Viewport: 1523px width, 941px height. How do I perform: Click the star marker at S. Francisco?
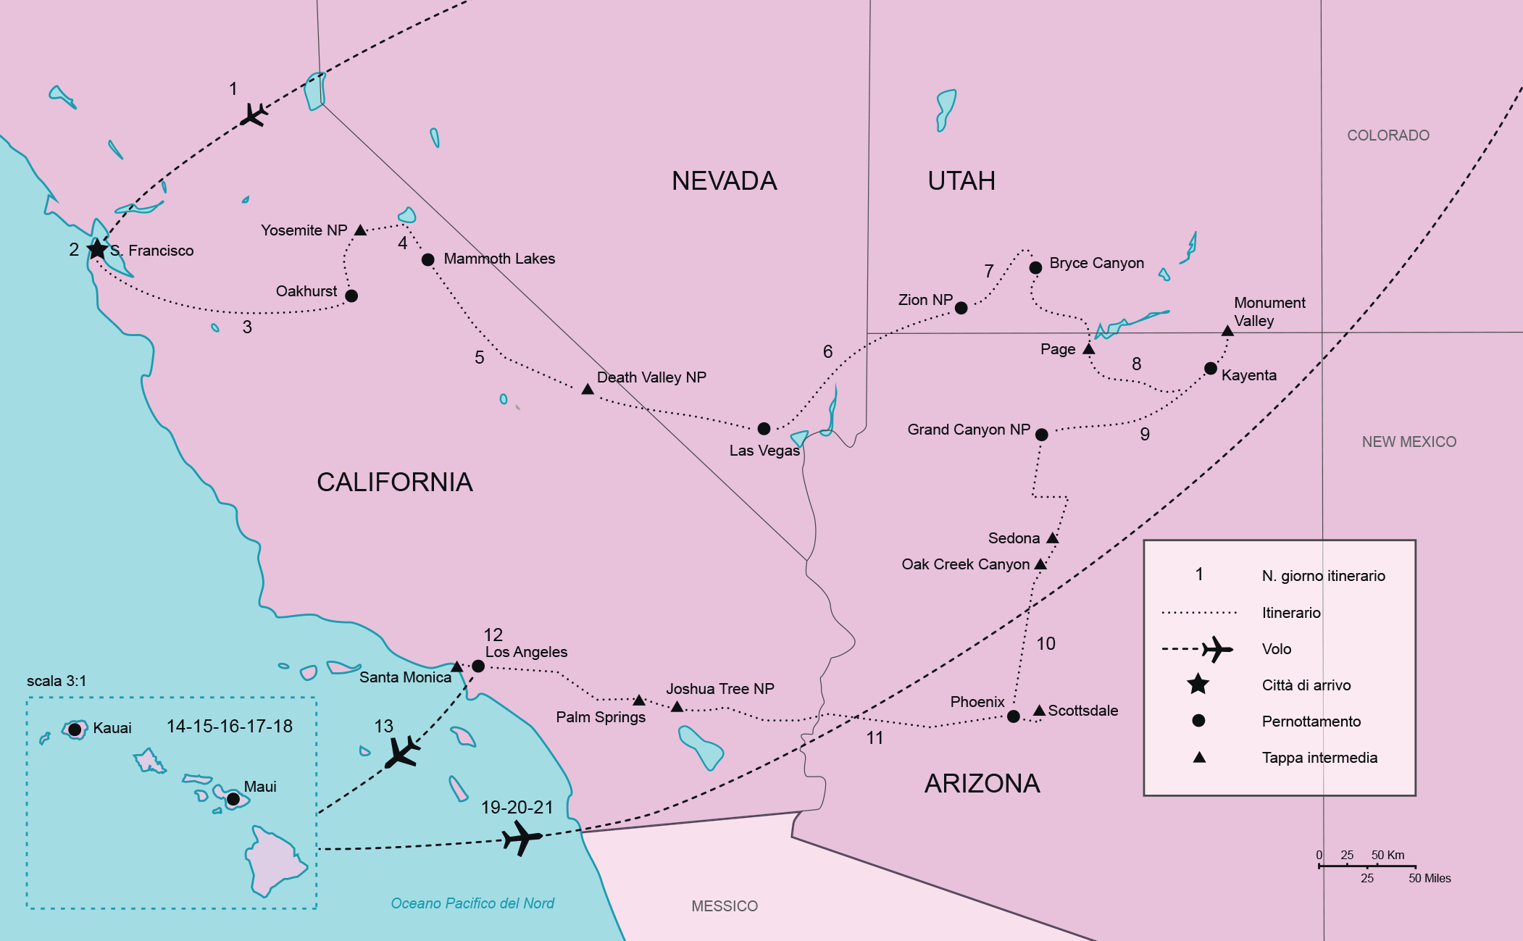tap(96, 249)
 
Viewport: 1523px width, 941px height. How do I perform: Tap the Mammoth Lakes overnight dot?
tap(428, 259)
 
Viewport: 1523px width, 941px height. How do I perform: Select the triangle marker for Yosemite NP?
tap(360, 230)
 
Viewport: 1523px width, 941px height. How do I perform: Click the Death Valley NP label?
tap(651, 377)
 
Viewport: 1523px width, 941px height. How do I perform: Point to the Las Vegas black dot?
tap(764, 429)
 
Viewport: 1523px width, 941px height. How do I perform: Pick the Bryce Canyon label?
tap(1096, 263)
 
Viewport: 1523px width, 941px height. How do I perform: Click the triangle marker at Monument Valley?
tap(1227, 331)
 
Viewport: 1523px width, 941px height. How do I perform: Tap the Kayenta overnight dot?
tap(1210, 369)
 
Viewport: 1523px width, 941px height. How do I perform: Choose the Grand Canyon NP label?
tap(968, 430)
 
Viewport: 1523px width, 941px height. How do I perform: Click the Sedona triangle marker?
tap(1053, 538)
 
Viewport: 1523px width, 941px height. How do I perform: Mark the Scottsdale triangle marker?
tap(1039, 711)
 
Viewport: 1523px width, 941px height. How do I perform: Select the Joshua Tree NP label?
tap(719, 689)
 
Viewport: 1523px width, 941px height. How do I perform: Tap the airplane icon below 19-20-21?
tap(522, 839)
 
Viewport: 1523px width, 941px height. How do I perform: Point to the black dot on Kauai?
tap(75, 729)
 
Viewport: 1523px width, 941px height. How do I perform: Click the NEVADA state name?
tap(724, 181)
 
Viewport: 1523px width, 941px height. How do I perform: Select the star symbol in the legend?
tap(1198, 684)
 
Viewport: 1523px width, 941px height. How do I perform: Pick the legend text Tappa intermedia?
tap(1319, 758)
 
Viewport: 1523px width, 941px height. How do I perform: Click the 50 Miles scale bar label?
tap(1430, 878)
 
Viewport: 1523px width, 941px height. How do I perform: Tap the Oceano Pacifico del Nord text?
tap(472, 903)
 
